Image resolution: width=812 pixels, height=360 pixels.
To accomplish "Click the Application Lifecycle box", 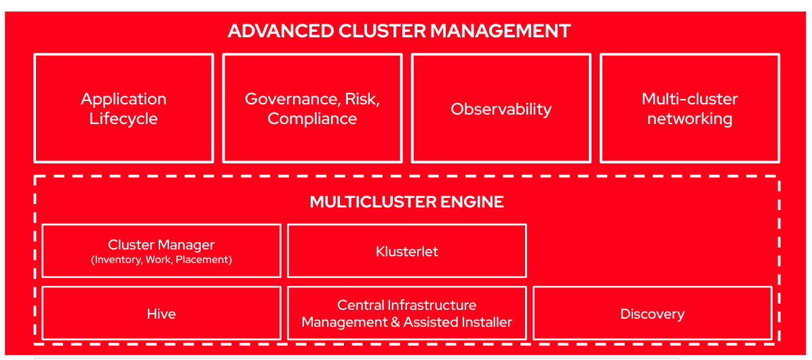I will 123,108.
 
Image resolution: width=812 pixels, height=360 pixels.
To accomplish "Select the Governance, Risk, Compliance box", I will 312,108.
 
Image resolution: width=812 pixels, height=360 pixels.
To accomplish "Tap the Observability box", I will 501,109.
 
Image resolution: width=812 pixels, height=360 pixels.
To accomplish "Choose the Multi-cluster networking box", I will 689,108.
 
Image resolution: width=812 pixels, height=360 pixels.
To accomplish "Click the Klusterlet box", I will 407,252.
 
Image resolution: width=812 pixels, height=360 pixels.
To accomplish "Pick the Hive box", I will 161,314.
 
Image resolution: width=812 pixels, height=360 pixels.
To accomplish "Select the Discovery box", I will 652,314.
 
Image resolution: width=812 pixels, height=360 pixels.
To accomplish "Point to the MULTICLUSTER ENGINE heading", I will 406,202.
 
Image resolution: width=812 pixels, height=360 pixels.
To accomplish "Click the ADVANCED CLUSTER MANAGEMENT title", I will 399,31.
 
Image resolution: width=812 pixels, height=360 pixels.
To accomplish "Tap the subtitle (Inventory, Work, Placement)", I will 161,260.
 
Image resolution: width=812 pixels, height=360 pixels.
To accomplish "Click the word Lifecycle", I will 123,119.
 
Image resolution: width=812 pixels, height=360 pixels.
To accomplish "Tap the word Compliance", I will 312,119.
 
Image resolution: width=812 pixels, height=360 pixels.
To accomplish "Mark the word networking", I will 689,119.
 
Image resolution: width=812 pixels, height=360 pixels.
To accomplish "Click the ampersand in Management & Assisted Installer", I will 395,323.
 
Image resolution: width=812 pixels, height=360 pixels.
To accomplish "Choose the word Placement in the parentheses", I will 203,260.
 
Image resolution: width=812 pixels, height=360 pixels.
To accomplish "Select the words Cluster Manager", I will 161,245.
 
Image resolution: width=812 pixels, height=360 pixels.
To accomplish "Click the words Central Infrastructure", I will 406,305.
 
